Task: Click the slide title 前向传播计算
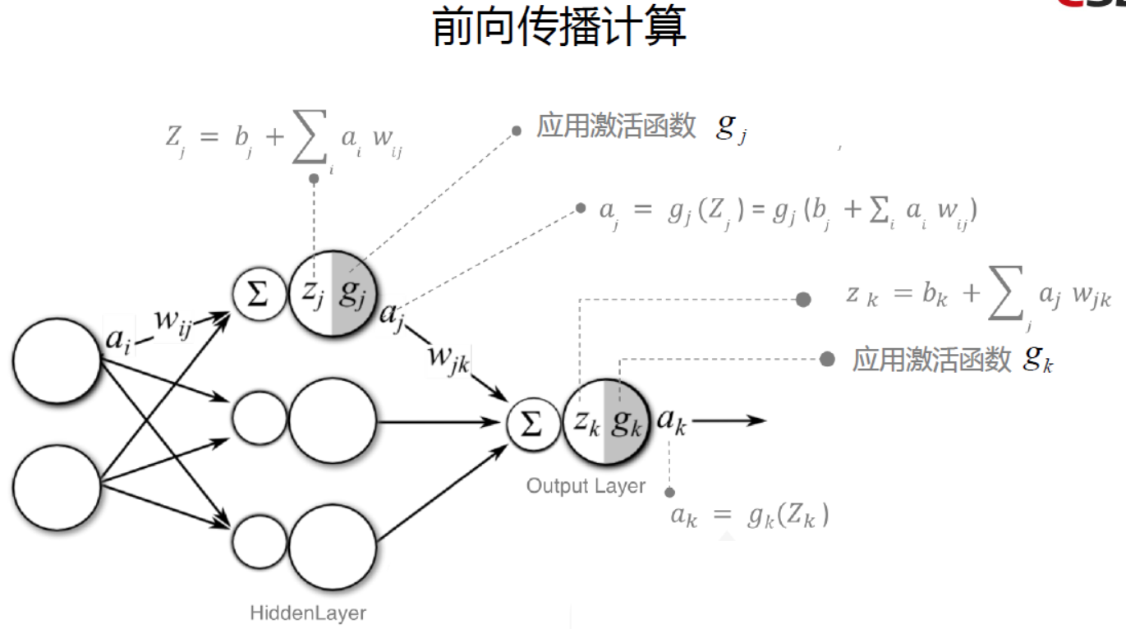(559, 27)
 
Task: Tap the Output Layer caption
(586, 485)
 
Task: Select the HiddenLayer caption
(308, 613)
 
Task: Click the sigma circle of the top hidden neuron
(258, 294)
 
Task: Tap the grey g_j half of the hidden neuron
(351, 294)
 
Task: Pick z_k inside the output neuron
(586, 421)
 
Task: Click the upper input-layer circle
(56, 361)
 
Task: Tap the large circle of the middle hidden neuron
(332, 420)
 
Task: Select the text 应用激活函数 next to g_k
(931, 360)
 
